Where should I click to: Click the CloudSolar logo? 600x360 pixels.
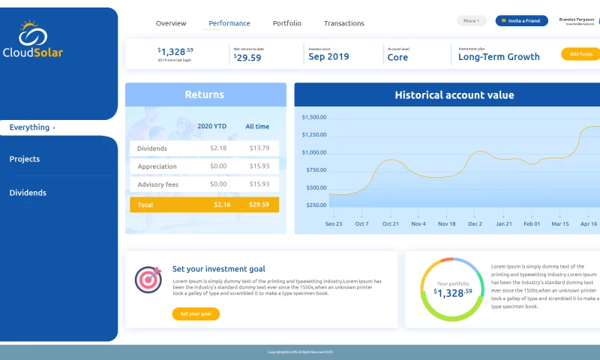click(32, 40)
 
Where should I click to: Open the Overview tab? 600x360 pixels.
click(171, 23)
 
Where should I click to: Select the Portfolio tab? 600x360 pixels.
click(287, 23)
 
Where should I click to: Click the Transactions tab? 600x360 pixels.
click(344, 23)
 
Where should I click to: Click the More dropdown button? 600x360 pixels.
click(472, 21)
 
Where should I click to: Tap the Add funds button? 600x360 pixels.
click(580, 54)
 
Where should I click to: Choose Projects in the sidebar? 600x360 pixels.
click(25, 159)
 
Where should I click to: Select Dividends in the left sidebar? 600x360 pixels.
click(28, 193)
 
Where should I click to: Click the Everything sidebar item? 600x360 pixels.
click(30, 127)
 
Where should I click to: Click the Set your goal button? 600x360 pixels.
click(196, 313)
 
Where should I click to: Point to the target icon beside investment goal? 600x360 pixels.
click(148, 280)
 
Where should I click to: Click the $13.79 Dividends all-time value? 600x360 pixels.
click(259, 148)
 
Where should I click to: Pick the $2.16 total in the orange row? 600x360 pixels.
click(221, 204)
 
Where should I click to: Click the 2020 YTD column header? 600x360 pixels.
click(211, 126)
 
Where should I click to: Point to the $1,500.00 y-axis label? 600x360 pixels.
click(314, 117)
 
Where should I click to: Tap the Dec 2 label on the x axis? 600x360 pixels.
click(475, 223)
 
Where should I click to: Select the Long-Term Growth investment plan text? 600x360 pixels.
click(499, 57)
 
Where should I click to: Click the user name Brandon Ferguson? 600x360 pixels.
click(577, 19)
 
